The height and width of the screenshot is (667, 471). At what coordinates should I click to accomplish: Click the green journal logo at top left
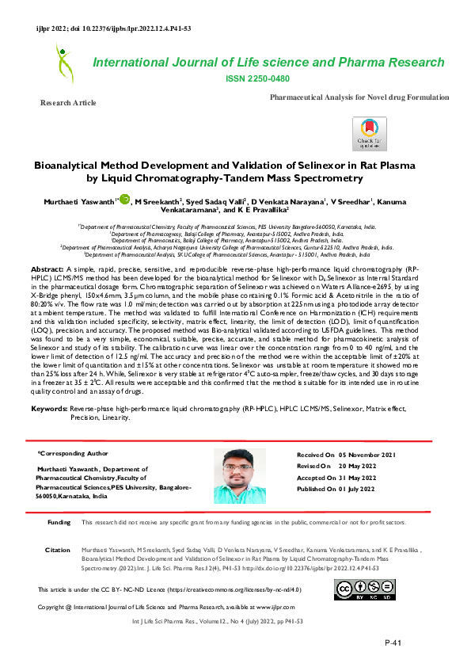pos(63,64)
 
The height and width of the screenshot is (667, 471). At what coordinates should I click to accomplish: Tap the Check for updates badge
pos(370,132)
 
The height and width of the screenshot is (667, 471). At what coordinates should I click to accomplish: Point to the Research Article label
pos(68,103)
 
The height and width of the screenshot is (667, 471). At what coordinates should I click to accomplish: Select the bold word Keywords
pos(49,408)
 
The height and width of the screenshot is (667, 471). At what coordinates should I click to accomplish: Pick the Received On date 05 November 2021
pos(367,455)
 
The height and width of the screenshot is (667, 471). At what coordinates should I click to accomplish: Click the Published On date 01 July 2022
pos(367,489)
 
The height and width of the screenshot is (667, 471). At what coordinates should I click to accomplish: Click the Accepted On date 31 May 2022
pos(367,478)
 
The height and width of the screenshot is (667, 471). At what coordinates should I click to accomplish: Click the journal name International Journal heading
pos(268,63)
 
